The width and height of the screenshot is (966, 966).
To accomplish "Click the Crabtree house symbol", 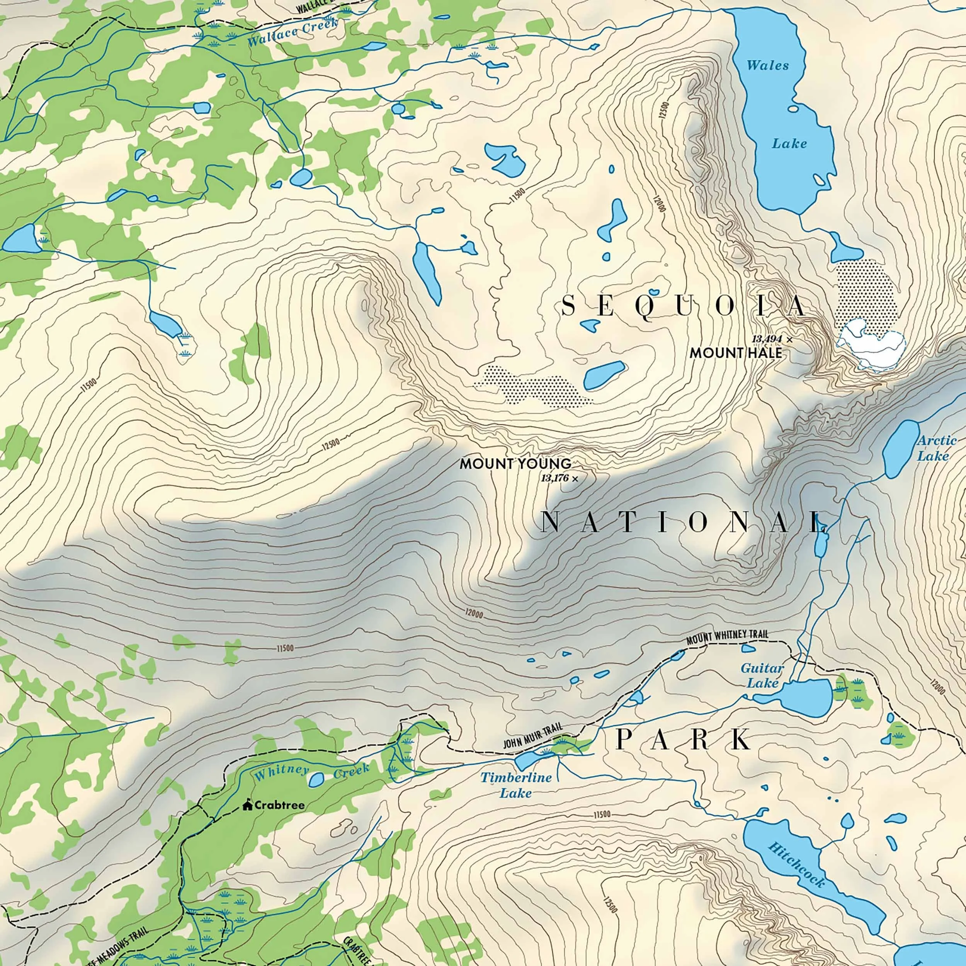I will [247, 805].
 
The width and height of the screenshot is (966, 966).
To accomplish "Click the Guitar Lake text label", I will [762, 675].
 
